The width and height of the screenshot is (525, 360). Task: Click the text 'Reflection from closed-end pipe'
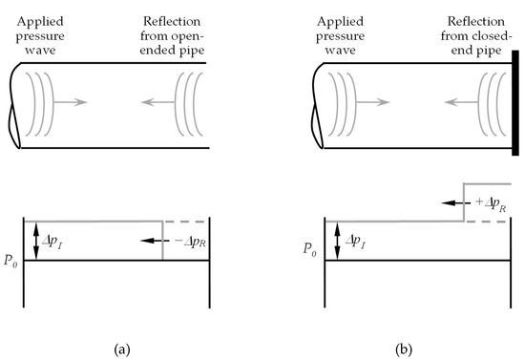click(472, 30)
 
